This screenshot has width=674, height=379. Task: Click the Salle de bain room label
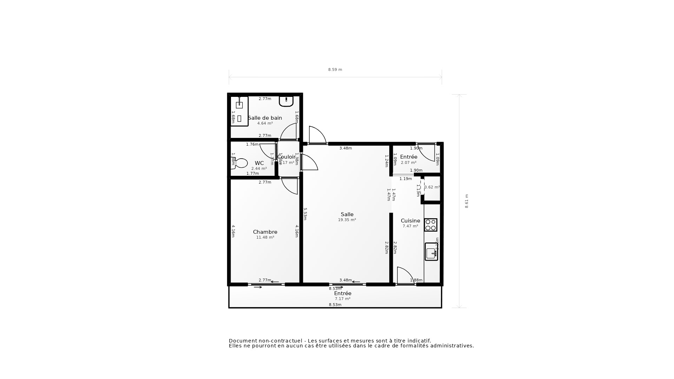pyautogui.click(x=265, y=118)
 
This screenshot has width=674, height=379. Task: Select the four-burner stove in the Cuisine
pyautogui.click(x=431, y=225)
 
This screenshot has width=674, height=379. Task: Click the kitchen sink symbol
pyautogui.click(x=431, y=252)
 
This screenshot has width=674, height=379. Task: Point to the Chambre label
pyautogui.click(x=265, y=232)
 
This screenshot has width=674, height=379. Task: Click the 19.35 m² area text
pyautogui.click(x=347, y=220)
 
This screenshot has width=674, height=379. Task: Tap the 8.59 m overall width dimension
pyautogui.click(x=335, y=70)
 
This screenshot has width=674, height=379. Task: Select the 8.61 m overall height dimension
pyautogui.click(x=467, y=201)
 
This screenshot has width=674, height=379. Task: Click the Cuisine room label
pyautogui.click(x=410, y=221)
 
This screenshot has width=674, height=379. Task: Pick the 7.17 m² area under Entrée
pyautogui.click(x=342, y=299)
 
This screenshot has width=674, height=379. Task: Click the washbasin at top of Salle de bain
pyautogui.click(x=286, y=101)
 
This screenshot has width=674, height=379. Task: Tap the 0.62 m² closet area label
pyautogui.click(x=432, y=187)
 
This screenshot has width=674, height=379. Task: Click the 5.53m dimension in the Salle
pyautogui.click(x=305, y=214)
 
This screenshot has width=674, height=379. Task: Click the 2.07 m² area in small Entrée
pyautogui.click(x=409, y=163)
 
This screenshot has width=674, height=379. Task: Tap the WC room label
pyautogui.click(x=259, y=163)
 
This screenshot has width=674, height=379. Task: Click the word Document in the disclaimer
pyautogui.click(x=243, y=341)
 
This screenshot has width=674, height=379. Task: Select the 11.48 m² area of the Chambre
pyautogui.click(x=265, y=238)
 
